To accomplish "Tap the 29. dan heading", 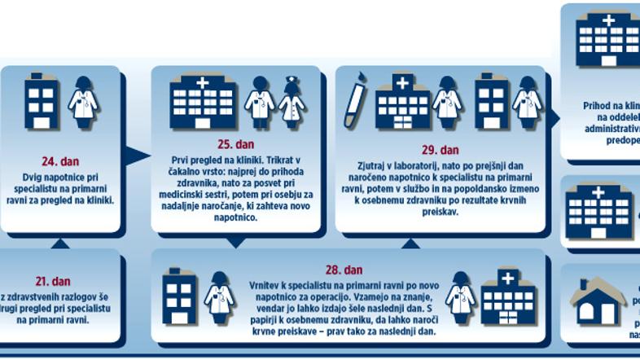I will pyautogui.click(x=441, y=150).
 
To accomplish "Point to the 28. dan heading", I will pyautogui.click(x=343, y=270).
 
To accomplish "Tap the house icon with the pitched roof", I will pyautogui.click(x=598, y=303).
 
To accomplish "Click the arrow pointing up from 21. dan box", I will pyautogui.click(x=59, y=244).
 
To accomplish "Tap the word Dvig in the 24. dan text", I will pyautogui.click(x=34, y=176).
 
